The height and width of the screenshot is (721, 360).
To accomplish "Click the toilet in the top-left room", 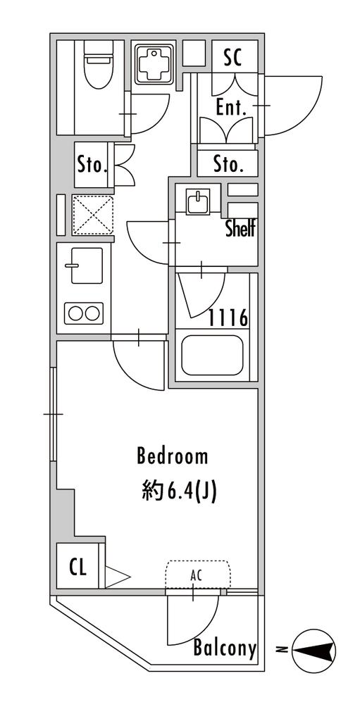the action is point(97,68).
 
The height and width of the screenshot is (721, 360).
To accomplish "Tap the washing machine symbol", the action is point(154,64).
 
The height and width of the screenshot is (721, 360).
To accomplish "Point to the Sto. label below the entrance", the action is point(228,164).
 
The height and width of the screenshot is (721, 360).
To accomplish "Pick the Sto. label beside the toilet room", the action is point(92,165).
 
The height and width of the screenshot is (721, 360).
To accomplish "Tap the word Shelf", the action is point(240,229).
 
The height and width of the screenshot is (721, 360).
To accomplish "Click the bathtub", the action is point(212,356).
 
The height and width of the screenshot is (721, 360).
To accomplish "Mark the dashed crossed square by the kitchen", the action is point(92,215).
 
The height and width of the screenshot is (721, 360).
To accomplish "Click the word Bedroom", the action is point(173,456).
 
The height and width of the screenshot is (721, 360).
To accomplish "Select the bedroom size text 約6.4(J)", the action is point(179,492).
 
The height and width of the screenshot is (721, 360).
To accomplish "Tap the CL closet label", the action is point(78,568).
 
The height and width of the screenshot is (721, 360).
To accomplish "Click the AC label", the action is point(197,575).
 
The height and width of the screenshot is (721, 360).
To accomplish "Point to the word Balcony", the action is point(225,648).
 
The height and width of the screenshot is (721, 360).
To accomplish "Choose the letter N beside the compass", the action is point(281,650).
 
